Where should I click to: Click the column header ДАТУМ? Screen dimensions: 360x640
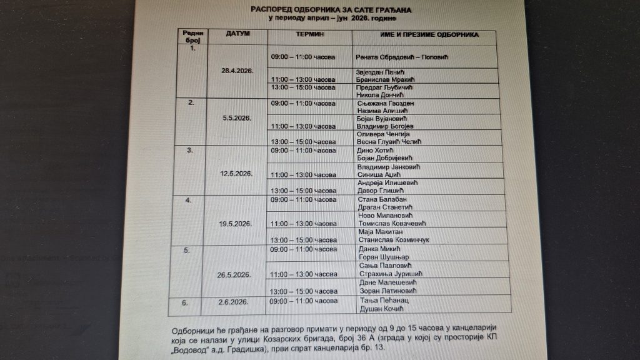[x=237, y=33]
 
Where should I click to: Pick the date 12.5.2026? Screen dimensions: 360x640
[x=237, y=173]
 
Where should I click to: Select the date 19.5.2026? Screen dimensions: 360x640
[x=237, y=224]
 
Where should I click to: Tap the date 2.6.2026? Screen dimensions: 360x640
[x=233, y=301]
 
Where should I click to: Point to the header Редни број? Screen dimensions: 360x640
[x=191, y=35]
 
